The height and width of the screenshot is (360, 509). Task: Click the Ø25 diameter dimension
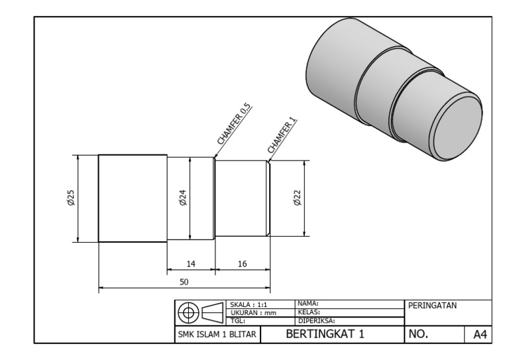click(x=71, y=198)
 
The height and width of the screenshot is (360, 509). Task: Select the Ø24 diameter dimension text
click(x=182, y=198)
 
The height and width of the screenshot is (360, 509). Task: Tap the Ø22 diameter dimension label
click(x=297, y=198)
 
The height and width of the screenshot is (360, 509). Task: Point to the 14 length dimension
click(x=190, y=264)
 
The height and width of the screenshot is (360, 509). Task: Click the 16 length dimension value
click(x=242, y=264)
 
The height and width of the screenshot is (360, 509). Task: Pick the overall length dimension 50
click(x=184, y=282)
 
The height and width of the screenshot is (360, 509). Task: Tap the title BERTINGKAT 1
click(x=324, y=334)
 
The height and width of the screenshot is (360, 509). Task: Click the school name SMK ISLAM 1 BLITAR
click(x=217, y=335)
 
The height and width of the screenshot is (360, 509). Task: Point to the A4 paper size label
click(x=479, y=335)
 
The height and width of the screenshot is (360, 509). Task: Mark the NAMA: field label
click(x=308, y=303)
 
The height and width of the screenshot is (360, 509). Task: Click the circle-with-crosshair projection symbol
click(x=190, y=312)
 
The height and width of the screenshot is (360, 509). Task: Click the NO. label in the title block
click(x=418, y=335)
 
